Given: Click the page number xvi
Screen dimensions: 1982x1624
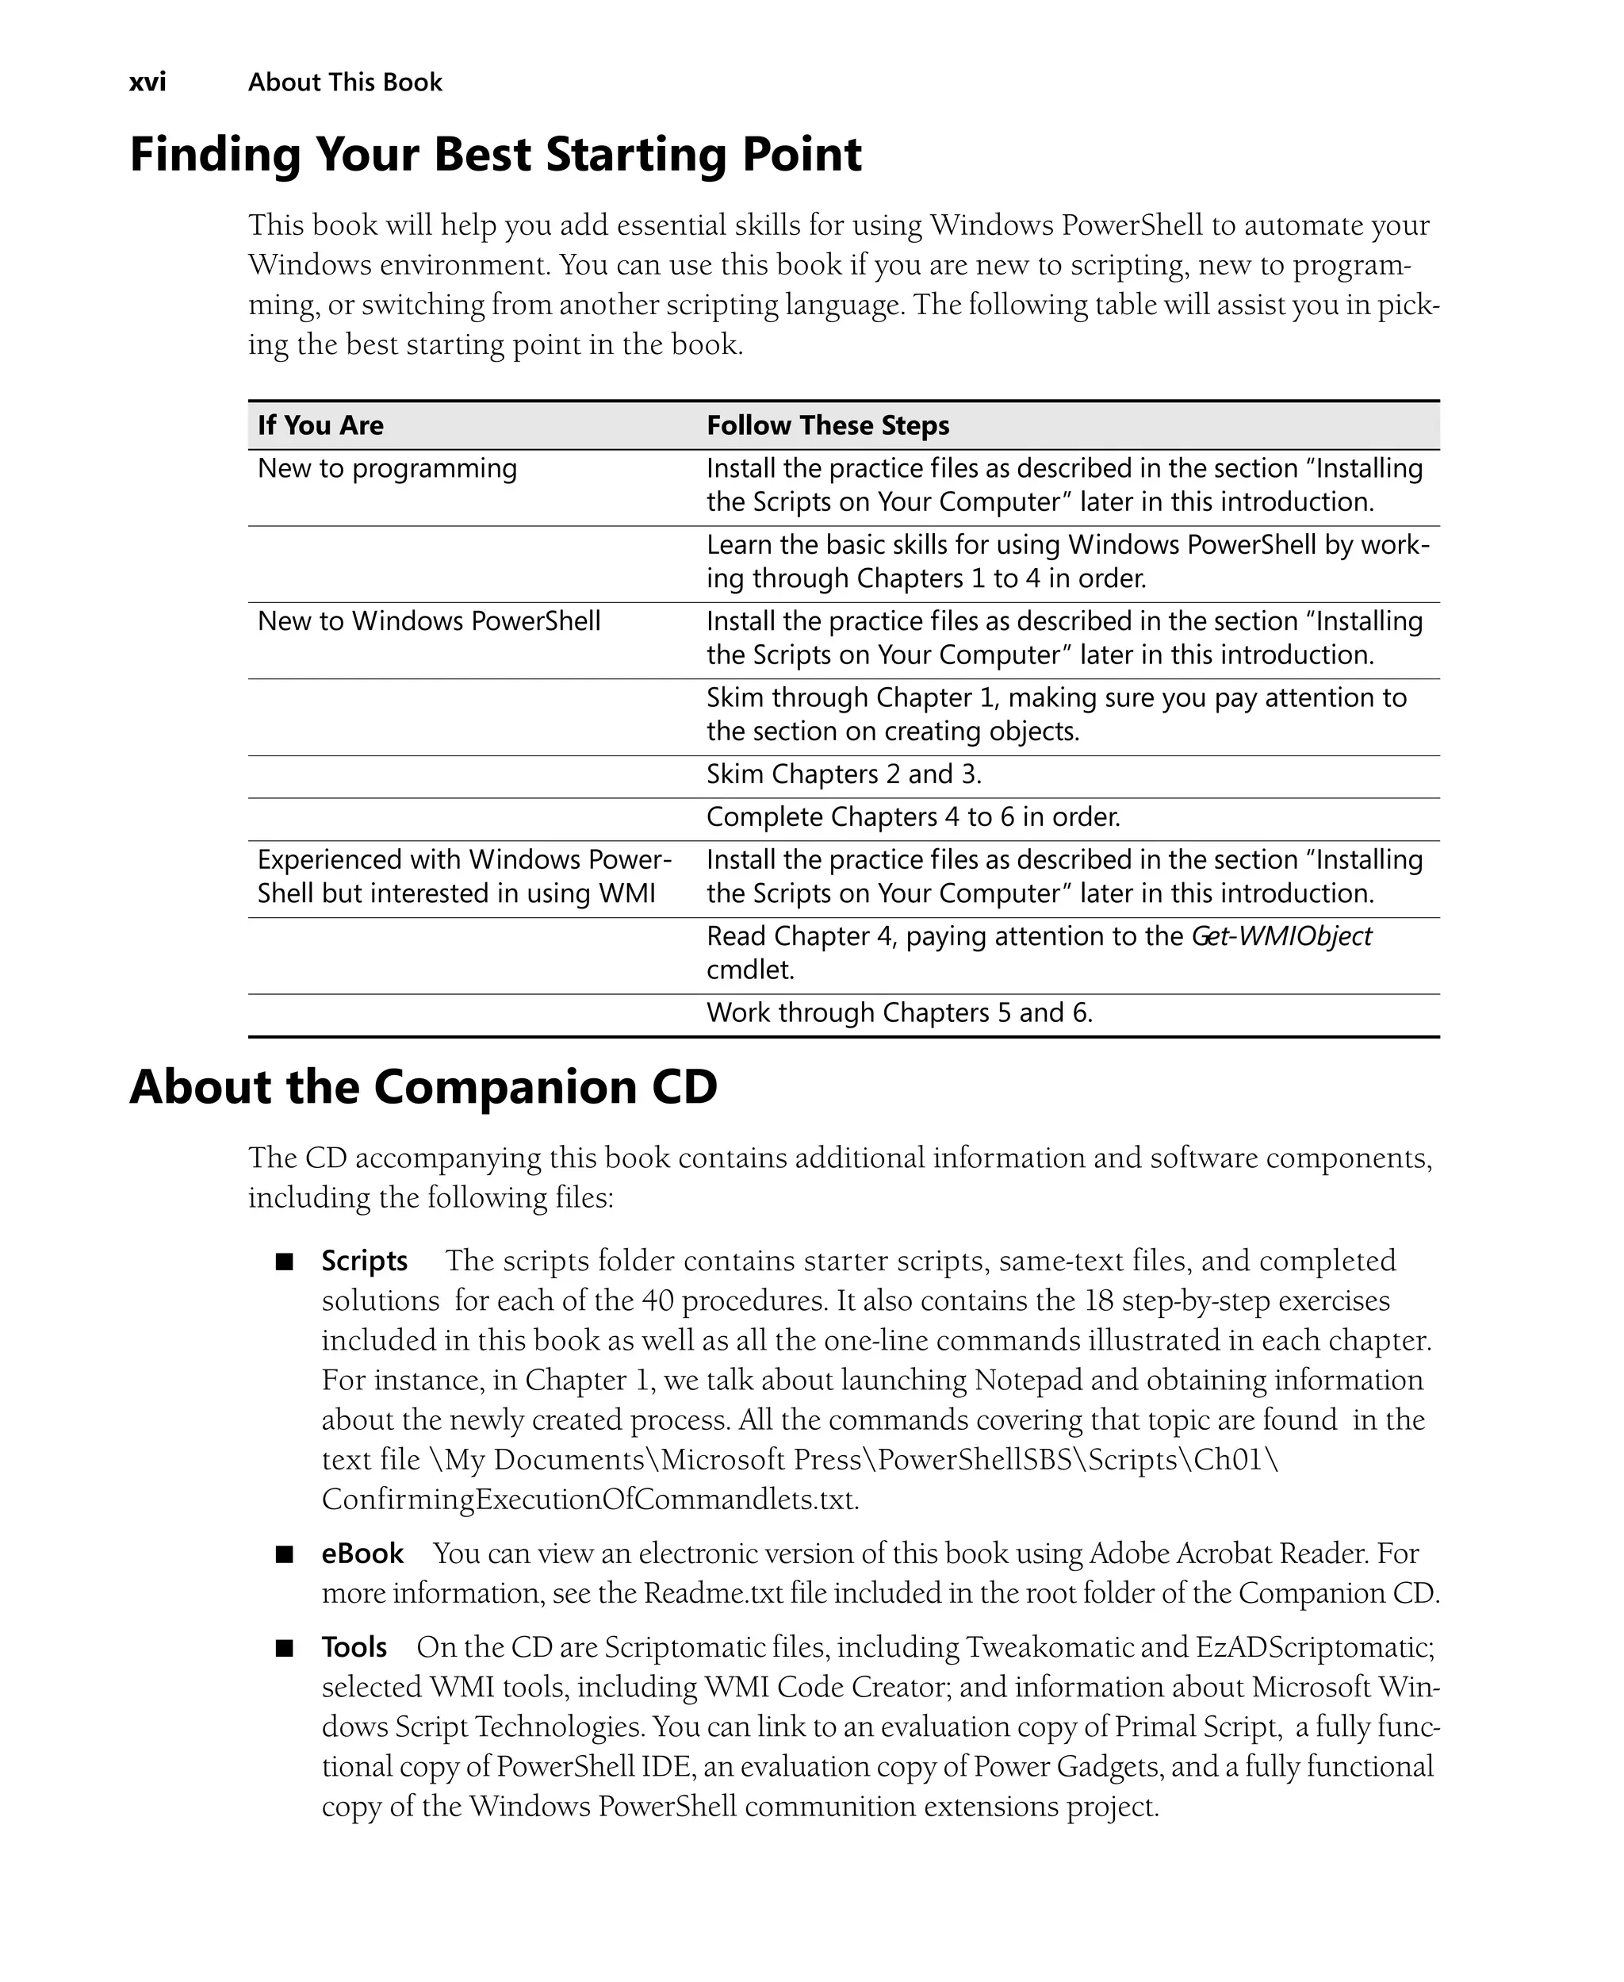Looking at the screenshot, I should point(147,83).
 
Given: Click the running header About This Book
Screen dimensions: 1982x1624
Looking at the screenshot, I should point(344,83).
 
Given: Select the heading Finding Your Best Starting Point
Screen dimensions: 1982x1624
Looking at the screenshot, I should point(495,155).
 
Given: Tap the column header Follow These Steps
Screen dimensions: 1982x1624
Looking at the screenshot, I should point(827,426).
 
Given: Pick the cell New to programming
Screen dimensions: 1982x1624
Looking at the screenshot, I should point(386,468).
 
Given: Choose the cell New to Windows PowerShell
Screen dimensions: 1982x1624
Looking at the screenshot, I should point(428,621).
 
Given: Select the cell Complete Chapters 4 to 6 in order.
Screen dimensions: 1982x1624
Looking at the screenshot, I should point(912,818).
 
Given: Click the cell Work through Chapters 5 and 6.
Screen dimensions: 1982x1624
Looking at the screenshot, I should point(899,1013).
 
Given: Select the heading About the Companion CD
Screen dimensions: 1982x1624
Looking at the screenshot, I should point(423,1087).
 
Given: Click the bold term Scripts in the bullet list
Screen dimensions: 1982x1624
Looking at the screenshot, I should point(364,1262).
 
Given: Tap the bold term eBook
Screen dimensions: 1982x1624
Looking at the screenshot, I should point(362,1554).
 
